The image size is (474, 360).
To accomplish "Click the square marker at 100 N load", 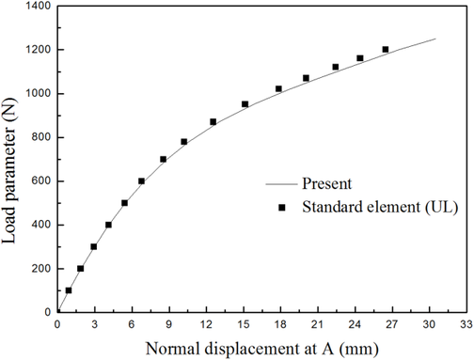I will point(69,290).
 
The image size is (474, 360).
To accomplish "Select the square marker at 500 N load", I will point(124,203).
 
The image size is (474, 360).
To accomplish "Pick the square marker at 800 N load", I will point(184,142).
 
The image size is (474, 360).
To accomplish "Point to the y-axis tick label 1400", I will point(33,7).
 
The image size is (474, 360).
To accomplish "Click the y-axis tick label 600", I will point(37,181).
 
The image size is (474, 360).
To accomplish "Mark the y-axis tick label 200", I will point(37,269).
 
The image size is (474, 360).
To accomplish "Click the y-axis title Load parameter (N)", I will point(11,155).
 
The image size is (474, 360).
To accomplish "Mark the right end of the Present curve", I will point(434,39).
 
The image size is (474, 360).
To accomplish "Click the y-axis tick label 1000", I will point(33,94).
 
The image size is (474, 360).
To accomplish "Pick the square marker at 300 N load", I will point(93,247).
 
